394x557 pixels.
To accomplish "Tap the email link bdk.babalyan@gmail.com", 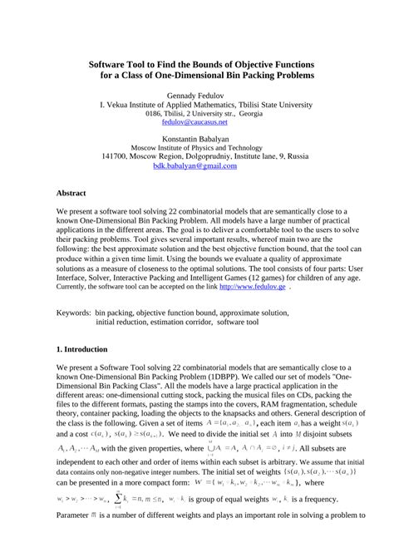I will (x=195, y=165).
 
